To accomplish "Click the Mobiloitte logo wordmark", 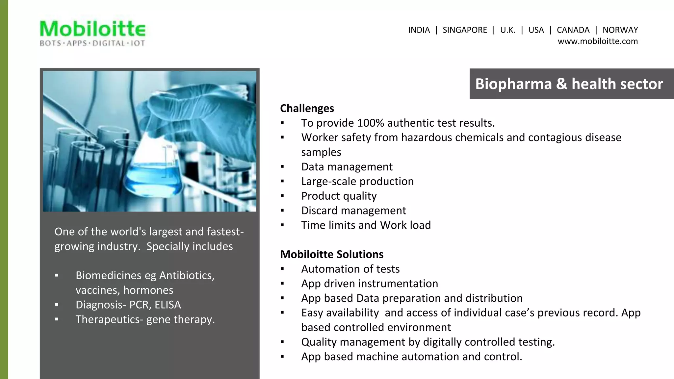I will click(92, 29).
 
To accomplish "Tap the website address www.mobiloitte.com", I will click(597, 41).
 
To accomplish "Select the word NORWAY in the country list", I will click(620, 30).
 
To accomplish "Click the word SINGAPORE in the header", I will click(464, 30).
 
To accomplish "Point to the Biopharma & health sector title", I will click(569, 84).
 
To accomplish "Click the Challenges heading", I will click(307, 108).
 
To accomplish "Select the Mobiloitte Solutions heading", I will click(331, 254).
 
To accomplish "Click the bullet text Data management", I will click(347, 167).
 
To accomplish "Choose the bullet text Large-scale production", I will click(357, 181).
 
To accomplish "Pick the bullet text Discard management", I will click(353, 211).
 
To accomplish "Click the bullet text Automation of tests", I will click(350, 269).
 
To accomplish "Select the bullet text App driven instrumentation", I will click(369, 284).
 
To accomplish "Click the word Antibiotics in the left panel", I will click(186, 275).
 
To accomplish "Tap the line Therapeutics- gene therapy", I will click(145, 319).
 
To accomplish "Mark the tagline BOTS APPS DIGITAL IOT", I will click(92, 43).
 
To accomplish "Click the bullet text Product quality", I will click(339, 196).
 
